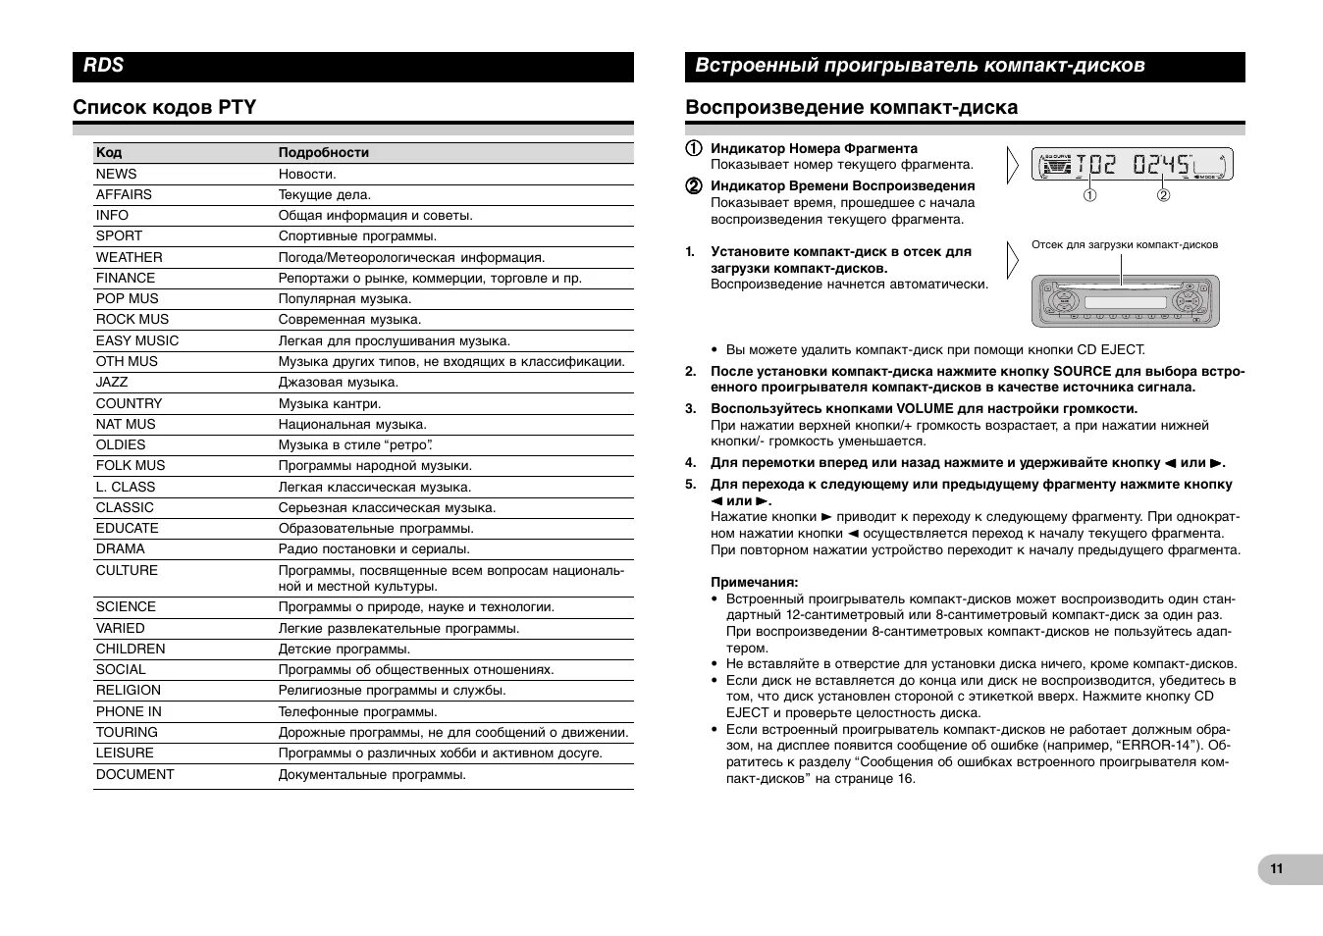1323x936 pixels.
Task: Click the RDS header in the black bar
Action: coord(104,66)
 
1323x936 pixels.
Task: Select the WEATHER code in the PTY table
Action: coord(129,257)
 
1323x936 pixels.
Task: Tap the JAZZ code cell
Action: coord(112,383)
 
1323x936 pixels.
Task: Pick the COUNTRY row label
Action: coord(129,403)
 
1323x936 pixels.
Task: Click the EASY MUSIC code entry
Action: coord(137,340)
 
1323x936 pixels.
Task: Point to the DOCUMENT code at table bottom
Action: coord(134,774)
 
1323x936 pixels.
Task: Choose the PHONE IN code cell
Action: coord(129,711)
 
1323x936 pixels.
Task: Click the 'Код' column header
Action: coord(109,152)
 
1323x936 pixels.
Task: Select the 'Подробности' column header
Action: coord(324,152)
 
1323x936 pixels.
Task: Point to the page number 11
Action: coord(1276,868)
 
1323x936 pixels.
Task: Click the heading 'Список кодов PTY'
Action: coord(164,107)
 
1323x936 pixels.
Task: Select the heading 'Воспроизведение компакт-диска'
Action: coord(851,107)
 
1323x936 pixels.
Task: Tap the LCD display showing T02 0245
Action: coord(1132,164)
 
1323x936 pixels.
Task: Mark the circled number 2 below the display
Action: coord(1163,195)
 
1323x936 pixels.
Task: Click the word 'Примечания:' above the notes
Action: coord(754,582)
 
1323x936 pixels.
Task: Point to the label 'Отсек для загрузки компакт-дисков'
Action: coord(1124,244)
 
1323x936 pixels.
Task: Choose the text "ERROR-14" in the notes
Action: coord(1156,746)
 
